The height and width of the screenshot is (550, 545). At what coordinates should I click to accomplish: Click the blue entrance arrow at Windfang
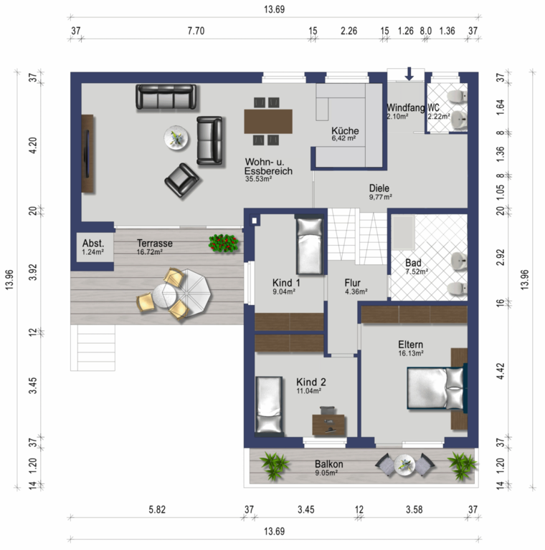pos(409,74)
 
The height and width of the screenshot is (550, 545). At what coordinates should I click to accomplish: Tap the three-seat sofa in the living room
pos(166,97)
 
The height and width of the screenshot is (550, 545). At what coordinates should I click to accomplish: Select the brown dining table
pos(268,121)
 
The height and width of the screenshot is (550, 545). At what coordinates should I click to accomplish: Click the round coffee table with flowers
pos(176,137)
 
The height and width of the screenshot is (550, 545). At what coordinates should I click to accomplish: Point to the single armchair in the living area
pos(181,180)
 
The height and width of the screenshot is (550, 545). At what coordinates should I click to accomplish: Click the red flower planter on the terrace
pos(224,243)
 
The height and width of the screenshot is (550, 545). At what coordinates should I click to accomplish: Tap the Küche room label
pos(345,130)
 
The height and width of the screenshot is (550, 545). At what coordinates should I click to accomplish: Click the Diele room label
pos(379,188)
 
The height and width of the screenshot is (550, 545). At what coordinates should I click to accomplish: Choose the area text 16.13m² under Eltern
pos(410,353)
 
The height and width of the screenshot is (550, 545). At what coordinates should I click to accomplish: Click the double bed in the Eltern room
pos(437,387)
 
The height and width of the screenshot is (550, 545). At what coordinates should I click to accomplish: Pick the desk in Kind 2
pos(329,425)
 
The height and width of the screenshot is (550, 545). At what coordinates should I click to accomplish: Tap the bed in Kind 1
pos(309,244)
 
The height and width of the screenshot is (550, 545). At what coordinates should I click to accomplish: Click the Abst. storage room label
pos(93,243)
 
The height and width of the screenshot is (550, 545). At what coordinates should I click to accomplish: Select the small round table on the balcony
pos(404,465)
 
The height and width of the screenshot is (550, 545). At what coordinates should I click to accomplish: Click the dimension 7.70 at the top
pos(196,31)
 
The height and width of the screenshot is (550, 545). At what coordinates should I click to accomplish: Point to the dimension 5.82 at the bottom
pos(157,509)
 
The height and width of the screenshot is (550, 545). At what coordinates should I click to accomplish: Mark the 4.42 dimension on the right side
pos(501,371)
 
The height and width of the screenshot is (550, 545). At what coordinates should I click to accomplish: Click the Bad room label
pos(413,262)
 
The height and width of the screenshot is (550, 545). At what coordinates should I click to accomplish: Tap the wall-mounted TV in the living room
pos(87,153)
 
